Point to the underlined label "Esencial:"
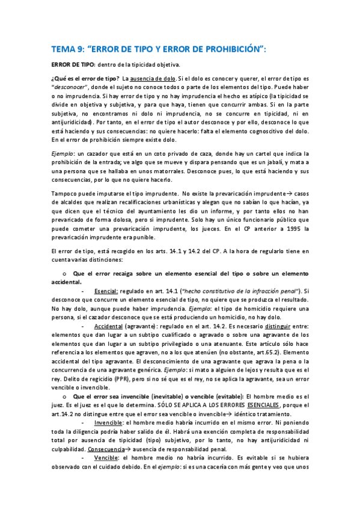106,290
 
